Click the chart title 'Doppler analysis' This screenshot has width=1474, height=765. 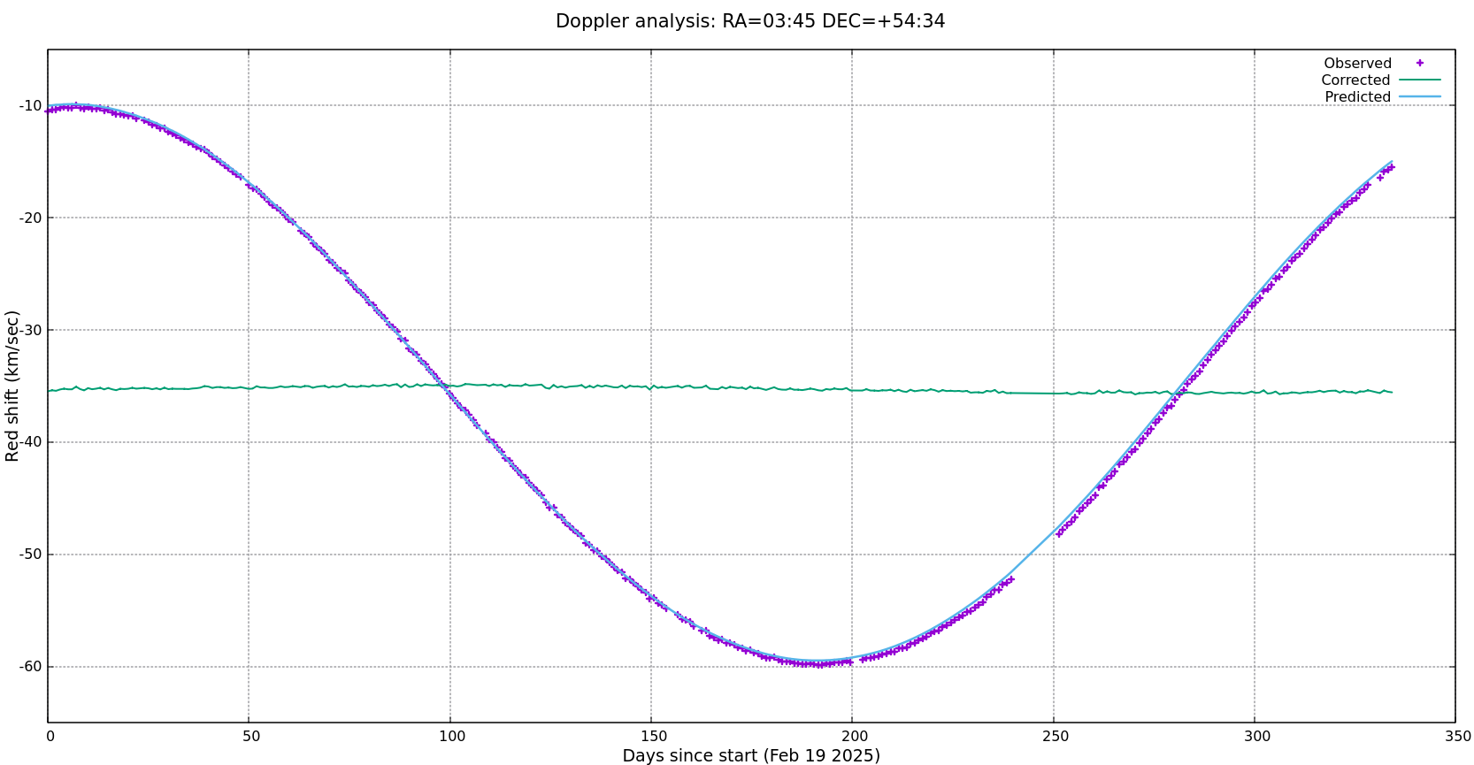749,21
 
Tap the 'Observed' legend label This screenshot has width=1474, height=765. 1357,64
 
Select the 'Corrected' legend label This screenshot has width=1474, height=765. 1355,80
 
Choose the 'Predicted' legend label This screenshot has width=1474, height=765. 1357,97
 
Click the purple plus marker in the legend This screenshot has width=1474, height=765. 1420,63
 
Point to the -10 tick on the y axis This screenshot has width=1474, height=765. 30,106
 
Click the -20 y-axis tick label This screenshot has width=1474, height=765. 30,218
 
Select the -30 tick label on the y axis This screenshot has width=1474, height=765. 30,331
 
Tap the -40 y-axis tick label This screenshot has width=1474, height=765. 30,442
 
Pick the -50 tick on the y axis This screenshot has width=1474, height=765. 30,555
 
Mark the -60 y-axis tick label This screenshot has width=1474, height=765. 30,667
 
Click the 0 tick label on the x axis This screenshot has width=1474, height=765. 50,737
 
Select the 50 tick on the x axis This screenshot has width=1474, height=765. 250,737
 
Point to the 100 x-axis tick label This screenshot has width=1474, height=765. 451,737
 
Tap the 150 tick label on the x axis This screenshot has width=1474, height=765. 653,737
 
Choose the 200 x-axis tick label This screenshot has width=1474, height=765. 854,737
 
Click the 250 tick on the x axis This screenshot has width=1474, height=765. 1055,737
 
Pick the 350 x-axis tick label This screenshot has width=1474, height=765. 1457,737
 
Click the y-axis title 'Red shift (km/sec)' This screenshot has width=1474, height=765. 12,386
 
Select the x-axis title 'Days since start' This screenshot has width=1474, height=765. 751,756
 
